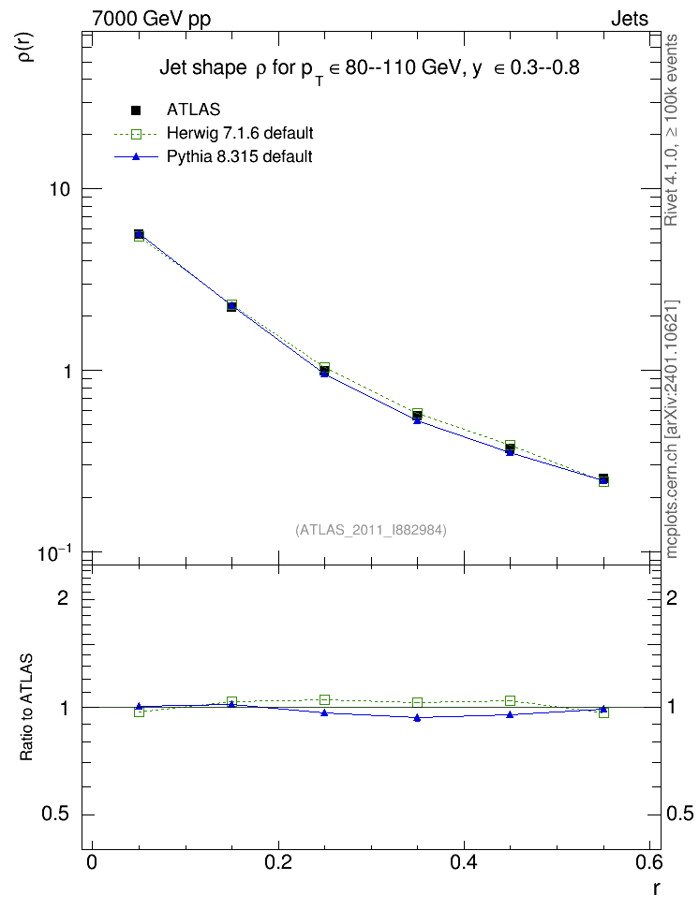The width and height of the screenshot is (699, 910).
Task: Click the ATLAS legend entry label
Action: pos(193,110)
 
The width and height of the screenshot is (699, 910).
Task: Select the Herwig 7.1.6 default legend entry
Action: pos(240,134)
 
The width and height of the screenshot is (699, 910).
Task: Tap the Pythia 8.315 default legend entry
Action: pos(239,156)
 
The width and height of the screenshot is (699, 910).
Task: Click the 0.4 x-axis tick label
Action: pos(464,862)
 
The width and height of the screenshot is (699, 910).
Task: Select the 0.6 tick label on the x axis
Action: pos(649,862)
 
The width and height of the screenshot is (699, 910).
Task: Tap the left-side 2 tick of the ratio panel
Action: pos(63,597)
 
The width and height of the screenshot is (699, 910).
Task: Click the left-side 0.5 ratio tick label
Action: pos(55,815)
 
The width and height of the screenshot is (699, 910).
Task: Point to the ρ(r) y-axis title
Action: pos(27,47)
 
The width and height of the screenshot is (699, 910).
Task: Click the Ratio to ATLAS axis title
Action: pos(27,708)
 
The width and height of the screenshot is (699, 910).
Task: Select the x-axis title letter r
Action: pos(656,888)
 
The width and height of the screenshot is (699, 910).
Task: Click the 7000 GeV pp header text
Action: pos(151,19)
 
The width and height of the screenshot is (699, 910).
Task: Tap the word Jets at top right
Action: pos(630,19)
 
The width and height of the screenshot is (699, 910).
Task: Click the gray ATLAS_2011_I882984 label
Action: pos(371,530)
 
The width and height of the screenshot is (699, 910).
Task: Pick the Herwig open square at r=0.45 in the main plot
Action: pos(510,445)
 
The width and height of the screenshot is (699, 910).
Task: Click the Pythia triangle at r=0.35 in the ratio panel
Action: pos(417,718)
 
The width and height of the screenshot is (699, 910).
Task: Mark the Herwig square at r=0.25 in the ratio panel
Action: pos(325,700)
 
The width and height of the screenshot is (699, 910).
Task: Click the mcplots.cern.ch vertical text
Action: pos(672,430)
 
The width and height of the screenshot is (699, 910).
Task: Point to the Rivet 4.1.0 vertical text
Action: pos(672,130)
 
